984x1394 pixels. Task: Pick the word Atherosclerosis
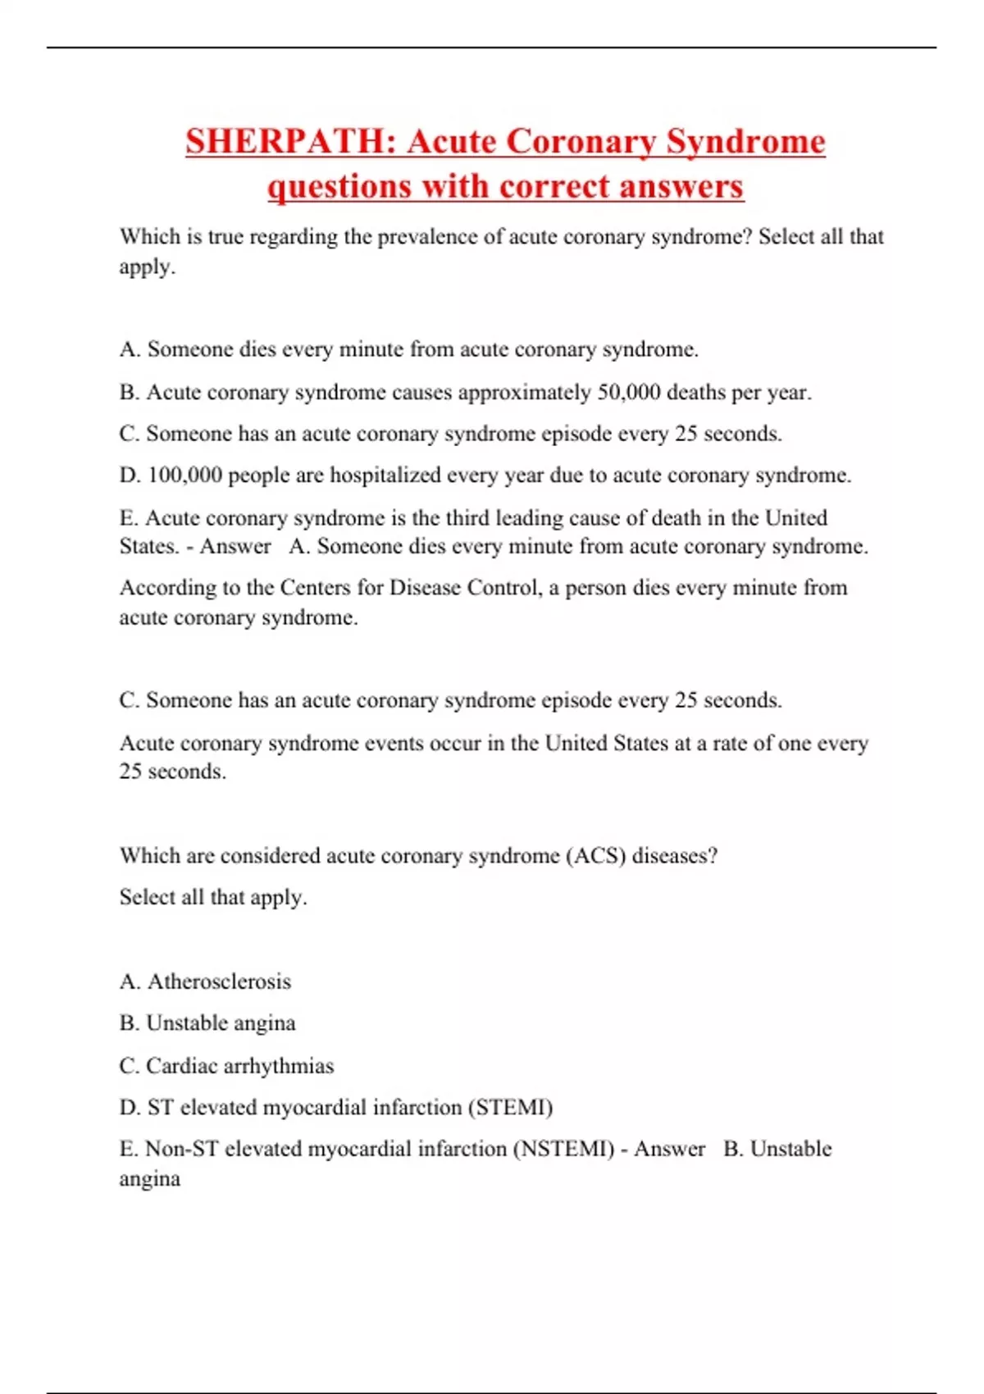coord(219,982)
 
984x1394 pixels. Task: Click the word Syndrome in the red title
coord(745,141)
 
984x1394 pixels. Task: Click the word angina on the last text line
coord(149,1179)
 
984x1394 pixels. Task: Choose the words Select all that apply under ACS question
coord(213,897)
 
